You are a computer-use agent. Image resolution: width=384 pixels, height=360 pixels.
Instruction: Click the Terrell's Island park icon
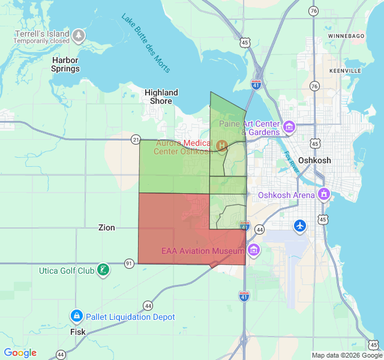(x=79, y=37)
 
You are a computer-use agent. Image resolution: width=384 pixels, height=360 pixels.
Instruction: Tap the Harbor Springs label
(x=65, y=64)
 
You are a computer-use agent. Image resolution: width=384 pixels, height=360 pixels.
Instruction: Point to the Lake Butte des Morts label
(x=146, y=43)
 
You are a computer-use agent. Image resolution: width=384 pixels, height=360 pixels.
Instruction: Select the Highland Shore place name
(x=161, y=97)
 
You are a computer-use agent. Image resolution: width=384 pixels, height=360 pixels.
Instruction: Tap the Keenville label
(x=345, y=71)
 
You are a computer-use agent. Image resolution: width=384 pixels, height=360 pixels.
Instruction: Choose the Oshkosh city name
(x=314, y=161)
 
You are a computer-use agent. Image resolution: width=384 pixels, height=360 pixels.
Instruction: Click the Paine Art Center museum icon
(x=290, y=127)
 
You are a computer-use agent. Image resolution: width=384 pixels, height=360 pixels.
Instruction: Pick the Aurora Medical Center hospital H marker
(x=221, y=145)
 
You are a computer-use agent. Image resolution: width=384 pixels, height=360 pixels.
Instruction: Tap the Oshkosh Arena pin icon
(x=325, y=194)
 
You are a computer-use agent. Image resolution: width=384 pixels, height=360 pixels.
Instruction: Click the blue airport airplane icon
(x=300, y=226)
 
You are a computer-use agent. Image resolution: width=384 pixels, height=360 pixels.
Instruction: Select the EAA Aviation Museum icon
(x=254, y=250)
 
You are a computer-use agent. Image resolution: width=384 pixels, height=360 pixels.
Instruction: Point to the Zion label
(x=106, y=228)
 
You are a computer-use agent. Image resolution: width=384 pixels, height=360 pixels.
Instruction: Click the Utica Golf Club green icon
(x=104, y=270)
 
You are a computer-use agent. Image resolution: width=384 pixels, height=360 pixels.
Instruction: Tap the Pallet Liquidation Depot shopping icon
(x=76, y=316)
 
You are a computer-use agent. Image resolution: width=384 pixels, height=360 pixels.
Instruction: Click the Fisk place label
(x=77, y=332)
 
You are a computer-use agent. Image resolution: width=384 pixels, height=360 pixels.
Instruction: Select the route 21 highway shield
(x=136, y=139)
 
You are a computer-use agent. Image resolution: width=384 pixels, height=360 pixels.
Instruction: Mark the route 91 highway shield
(x=129, y=263)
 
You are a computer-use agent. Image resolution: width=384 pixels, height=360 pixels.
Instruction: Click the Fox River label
(x=292, y=164)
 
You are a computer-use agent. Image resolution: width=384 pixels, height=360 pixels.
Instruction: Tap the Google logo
(x=20, y=353)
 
